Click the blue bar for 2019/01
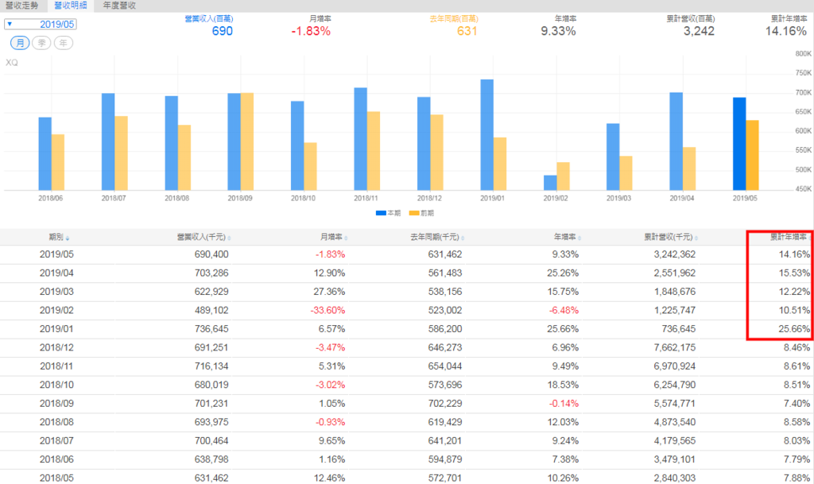[487, 134]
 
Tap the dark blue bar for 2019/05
[739, 144]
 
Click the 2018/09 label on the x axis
[239, 197]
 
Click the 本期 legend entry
[388, 213]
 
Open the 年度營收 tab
[119, 6]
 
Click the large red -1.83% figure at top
[311, 31]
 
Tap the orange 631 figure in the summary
[467, 31]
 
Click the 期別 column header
[59, 237]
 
